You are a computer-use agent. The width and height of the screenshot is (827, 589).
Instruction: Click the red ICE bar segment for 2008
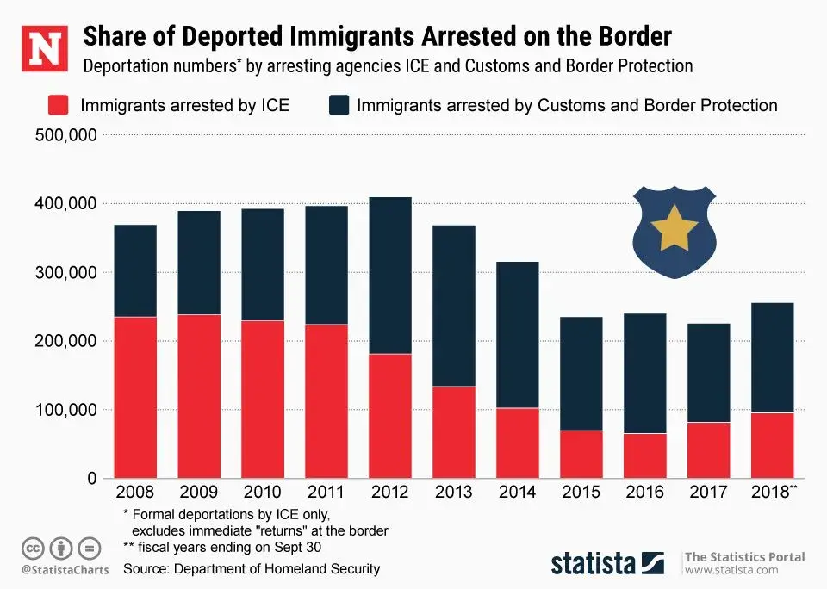(135, 397)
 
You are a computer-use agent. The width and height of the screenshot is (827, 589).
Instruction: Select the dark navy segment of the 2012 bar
(390, 275)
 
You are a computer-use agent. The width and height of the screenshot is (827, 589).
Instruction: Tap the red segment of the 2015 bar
(581, 454)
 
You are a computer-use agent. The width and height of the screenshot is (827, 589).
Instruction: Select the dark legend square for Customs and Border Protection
(339, 106)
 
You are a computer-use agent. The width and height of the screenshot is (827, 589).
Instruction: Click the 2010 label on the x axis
(263, 493)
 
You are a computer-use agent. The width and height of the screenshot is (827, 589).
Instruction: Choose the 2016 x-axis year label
(645, 493)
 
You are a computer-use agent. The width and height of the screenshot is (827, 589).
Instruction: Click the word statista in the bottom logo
(594, 564)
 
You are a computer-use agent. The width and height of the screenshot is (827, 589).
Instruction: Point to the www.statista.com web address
(731, 570)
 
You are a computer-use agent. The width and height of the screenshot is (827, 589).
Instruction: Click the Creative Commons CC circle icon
(33, 548)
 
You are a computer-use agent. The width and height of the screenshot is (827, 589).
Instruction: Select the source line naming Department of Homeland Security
(252, 569)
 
